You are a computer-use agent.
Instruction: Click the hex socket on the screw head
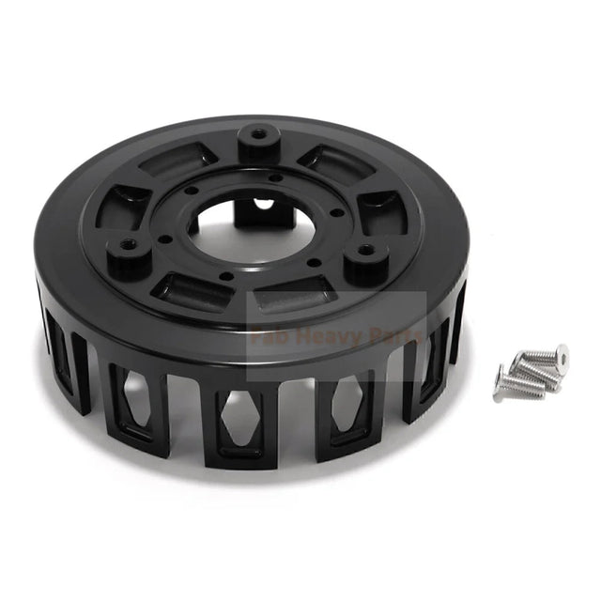coord(561,354)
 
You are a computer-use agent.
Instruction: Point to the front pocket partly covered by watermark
coord(289,302)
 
